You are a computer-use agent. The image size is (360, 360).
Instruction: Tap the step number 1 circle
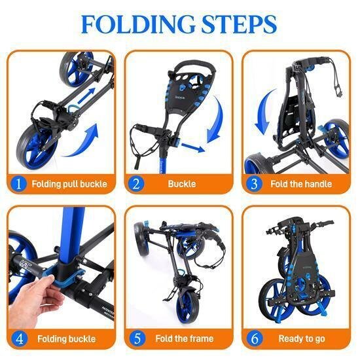click(x=20, y=184)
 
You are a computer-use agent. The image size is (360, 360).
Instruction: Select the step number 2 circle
click(x=136, y=184)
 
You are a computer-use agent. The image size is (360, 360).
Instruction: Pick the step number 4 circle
click(x=20, y=338)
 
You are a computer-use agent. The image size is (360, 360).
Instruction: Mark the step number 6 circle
click(x=254, y=338)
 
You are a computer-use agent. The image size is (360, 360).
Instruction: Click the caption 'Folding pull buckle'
click(x=69, y=184)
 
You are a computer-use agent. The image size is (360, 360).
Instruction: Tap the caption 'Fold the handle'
click(x=300, y=184)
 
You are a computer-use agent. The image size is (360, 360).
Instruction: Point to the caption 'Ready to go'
click(x=300, y=338)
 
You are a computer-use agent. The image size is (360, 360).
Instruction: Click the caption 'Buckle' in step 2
click(x=181, y=184)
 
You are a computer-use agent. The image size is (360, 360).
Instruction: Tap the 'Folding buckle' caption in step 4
click(x=66, y=338)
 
